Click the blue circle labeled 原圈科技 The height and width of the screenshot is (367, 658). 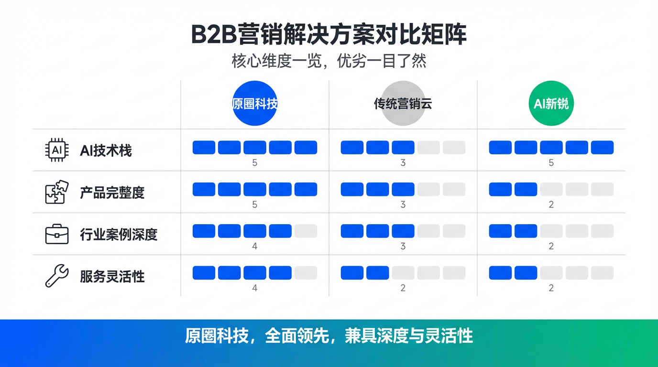click(255, 103)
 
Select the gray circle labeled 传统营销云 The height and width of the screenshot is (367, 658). click(403, 103)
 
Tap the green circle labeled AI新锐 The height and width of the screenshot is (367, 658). click(551, 103)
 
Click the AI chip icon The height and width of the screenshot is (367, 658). click(57, 151)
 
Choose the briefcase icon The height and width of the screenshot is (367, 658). click(57, 234)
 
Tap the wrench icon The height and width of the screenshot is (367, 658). click(57, 276)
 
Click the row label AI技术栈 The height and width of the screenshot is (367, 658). click(106, 151)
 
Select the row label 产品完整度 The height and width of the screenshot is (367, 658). click(112, 193)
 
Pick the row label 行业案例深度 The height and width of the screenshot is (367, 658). click(119, 235)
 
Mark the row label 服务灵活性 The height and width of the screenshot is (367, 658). click(112, 277)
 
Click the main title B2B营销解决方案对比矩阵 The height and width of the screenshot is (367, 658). click(329, 34)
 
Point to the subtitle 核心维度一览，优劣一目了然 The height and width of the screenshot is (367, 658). click(329, 61)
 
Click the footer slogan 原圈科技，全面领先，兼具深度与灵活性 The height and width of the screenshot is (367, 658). click(329, 336)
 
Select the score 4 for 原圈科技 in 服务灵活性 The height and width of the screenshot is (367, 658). click(255, 288)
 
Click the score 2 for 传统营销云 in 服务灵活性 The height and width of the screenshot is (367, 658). click(403, 288)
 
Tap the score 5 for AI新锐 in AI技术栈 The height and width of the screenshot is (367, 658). click(551, 163)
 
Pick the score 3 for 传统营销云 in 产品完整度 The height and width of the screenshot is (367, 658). click(403, 205)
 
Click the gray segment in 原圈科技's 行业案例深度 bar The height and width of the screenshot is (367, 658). click(306, 231)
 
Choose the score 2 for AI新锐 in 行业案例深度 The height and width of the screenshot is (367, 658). click(551, 247)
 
